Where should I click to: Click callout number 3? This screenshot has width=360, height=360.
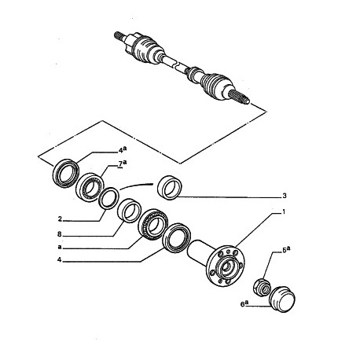tap(285, 196)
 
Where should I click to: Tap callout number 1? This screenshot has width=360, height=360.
tap(283, 211)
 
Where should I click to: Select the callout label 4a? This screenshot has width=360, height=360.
tap(123, 149)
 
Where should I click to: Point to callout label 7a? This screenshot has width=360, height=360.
tap(123, 163)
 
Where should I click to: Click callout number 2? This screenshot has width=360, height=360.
tap(60, 219)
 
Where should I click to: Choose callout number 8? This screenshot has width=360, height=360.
tap(60, 234)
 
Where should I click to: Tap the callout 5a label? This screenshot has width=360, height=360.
tap(286, 250)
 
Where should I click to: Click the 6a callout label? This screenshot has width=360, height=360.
tap(244, 304)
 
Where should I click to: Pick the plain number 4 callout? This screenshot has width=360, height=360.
tap(60, 260)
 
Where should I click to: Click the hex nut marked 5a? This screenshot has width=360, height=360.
tap(262, 288)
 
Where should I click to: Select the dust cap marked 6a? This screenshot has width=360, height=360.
tap(283, 299)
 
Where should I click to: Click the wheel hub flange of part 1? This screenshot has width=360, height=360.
tap(226, 266)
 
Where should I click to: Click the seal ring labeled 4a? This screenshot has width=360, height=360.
tap(66, 173)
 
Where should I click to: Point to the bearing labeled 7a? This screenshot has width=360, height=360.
tap(90, 187)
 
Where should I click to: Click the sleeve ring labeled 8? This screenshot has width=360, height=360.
tap(130, 211)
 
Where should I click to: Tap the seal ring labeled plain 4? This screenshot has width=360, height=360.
tap(176, 238)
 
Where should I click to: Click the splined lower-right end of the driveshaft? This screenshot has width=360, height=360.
tap(240, 97)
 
